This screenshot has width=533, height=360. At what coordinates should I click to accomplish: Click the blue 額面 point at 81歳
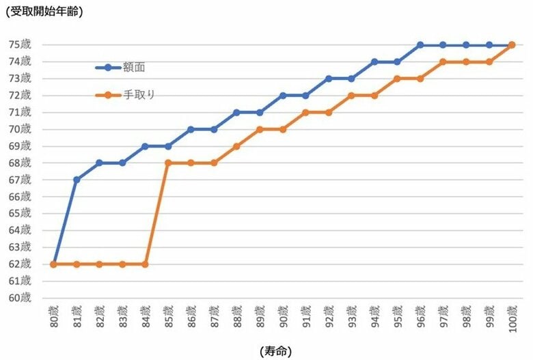[77, 180]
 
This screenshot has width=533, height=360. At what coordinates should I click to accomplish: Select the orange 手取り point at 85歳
[168, 163]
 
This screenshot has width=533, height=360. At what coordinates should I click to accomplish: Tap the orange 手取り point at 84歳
[145, 264]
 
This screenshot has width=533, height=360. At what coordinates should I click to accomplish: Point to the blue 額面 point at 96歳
[420, 45]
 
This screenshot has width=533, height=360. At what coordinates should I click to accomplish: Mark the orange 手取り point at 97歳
[443, 61]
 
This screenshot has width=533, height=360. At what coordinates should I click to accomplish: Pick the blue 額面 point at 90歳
[282, 96]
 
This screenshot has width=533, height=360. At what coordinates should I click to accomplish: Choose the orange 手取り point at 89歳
[260, 129]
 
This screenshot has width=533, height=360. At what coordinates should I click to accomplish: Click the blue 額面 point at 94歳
[374, 61]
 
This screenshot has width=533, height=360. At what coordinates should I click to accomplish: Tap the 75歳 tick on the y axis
[20, 45]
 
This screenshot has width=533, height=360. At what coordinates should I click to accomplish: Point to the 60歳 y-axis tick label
[20, 298]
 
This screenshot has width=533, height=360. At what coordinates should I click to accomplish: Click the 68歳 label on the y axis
[20, 163]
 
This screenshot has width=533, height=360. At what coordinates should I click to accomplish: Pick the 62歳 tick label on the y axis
[20, 264]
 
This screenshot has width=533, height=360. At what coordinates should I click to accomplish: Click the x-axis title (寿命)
[275, 351]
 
